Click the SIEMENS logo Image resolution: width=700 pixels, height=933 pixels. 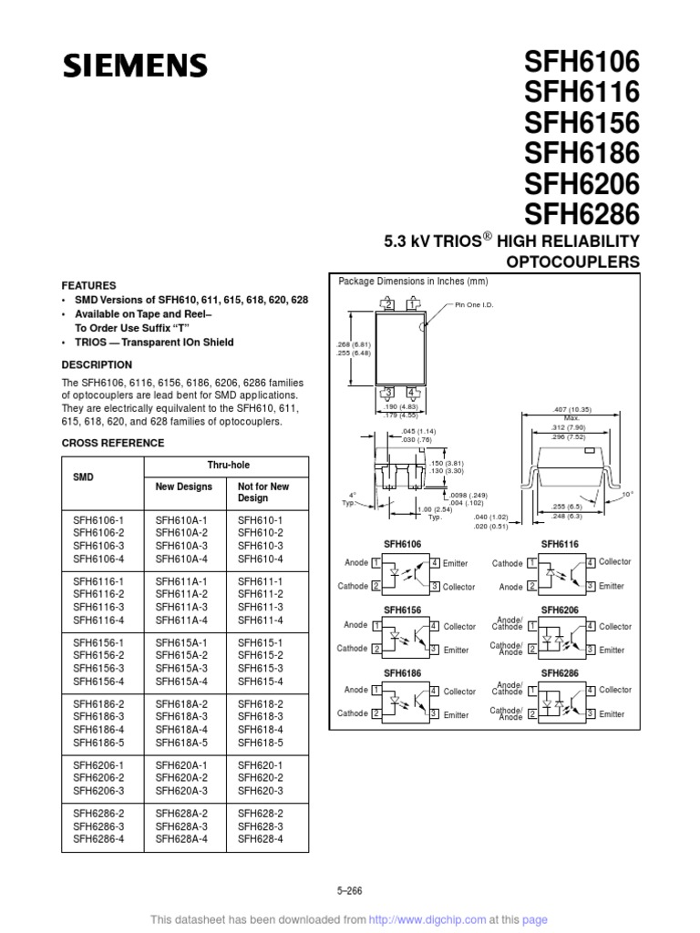135,66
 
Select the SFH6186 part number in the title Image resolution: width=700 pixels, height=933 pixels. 581,152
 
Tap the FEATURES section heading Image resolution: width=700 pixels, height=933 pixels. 88,285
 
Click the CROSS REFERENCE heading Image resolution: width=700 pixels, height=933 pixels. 112,443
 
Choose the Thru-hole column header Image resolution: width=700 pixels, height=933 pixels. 226,464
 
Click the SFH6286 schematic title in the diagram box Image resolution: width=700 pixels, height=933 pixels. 560,673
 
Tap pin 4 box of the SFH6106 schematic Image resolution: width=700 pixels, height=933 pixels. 435,564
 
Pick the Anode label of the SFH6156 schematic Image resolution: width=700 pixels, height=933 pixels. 355,626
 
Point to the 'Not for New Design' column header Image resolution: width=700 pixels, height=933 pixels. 264,492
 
